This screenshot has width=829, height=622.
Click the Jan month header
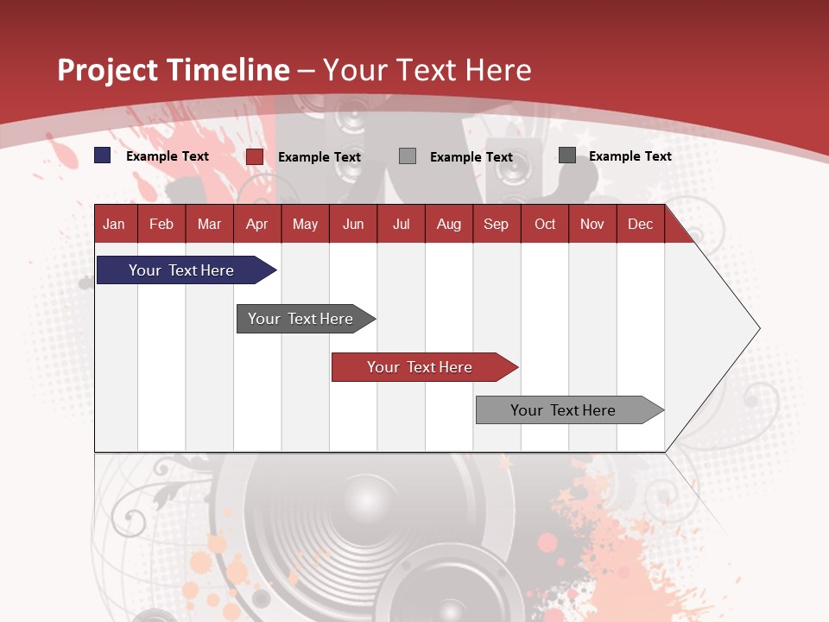114,224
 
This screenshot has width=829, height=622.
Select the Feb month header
161,224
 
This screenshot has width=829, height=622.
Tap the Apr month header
256,224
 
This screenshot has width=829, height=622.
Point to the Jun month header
353,224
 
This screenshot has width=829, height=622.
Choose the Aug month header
448,224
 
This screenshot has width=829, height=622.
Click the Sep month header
496,224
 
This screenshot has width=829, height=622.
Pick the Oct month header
545,224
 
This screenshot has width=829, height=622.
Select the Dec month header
640,224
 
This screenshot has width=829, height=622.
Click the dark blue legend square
103,155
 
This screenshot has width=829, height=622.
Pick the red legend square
255,156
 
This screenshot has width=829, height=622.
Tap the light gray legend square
408,155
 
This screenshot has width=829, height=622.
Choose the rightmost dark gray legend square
567,155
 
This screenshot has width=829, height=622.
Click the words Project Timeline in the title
173,70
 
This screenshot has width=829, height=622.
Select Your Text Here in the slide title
427,70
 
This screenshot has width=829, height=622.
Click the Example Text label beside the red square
320,157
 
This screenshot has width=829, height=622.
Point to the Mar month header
209,224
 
